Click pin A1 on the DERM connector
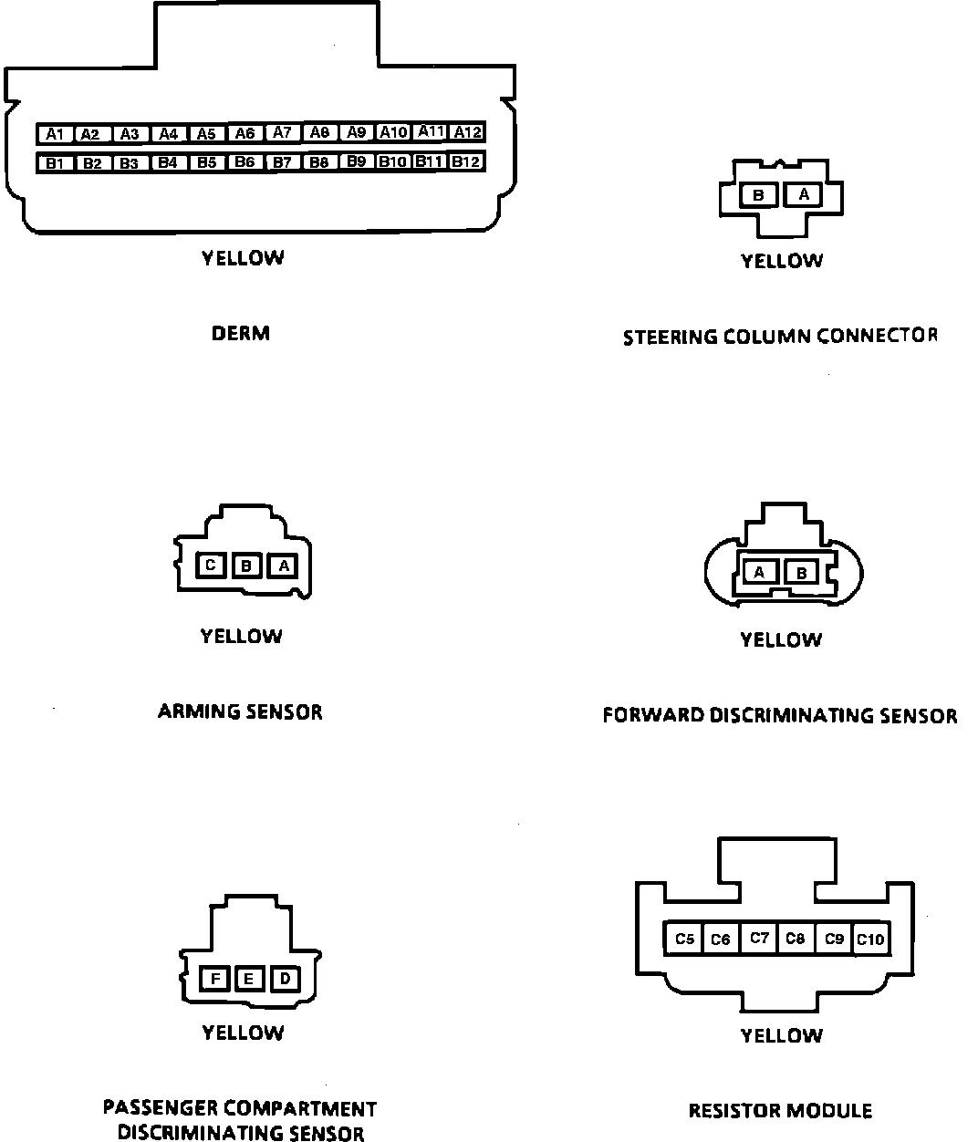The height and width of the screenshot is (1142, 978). pyautogui.click(x=54, y=134)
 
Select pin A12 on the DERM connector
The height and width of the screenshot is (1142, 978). pyautogui.click(x=467, y=132)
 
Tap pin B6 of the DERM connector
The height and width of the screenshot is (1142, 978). pyautogui.click(x=244, y=162)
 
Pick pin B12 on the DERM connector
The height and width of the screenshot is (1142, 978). pyautogui.click(x=467, y=161)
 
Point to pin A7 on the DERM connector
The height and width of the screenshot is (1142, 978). pyautogui.click(x=283, y=133)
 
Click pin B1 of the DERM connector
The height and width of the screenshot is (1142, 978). pyautogui.click(x=54, y=164)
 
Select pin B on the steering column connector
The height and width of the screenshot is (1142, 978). pyautogui.click(x=758, y=195)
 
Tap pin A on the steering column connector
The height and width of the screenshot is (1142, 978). pyautogui.click(x=804, y=194)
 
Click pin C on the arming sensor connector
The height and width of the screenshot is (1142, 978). pyautogui.click(x=211, y=566)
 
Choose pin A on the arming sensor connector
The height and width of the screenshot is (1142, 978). pyautogui.click(x=284, y=566)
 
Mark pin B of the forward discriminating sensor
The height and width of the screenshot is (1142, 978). pyautogui.click(x=802, y=573)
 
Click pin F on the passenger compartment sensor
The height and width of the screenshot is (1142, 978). pyautogui.click(x=215, y=980)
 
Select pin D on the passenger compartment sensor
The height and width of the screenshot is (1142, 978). pyautogui.click(x=285, y=980)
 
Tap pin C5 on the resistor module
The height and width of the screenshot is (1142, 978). pyautogui.click(x=684, y=939)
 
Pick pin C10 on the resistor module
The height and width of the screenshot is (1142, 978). pyautogui.click(x=871, y=939)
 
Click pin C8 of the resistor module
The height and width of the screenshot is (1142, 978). pyautogui.click(x=796, y=939)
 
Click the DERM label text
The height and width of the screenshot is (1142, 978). pyautogui.click(x=241, y=334)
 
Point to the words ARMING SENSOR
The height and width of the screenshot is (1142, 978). pyautogui.click(x=240, y=711)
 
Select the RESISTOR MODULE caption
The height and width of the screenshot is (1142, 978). pyautogui.click(x=780, y=1111)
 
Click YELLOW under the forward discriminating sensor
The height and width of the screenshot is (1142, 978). pyautogui.click(x=781, y=640)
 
